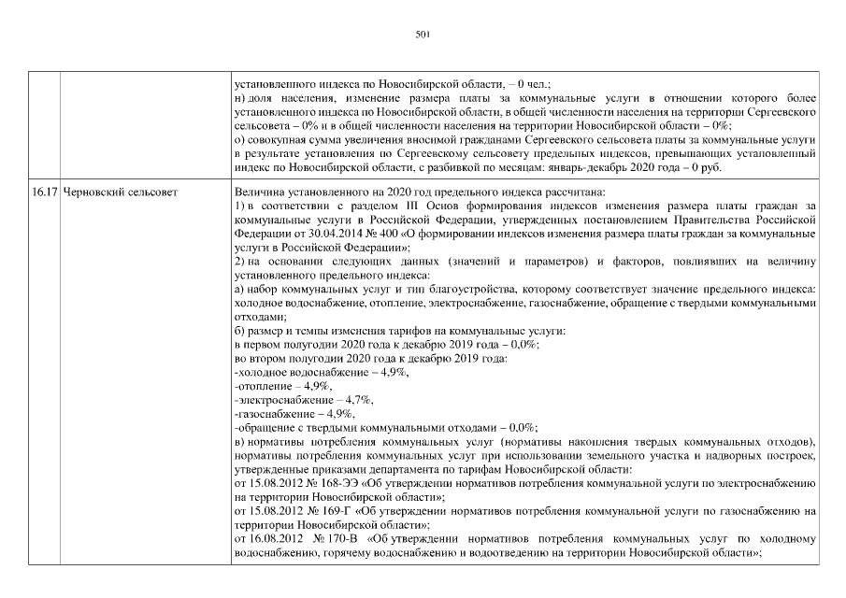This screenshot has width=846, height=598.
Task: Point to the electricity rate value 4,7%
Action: click(358, 399)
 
